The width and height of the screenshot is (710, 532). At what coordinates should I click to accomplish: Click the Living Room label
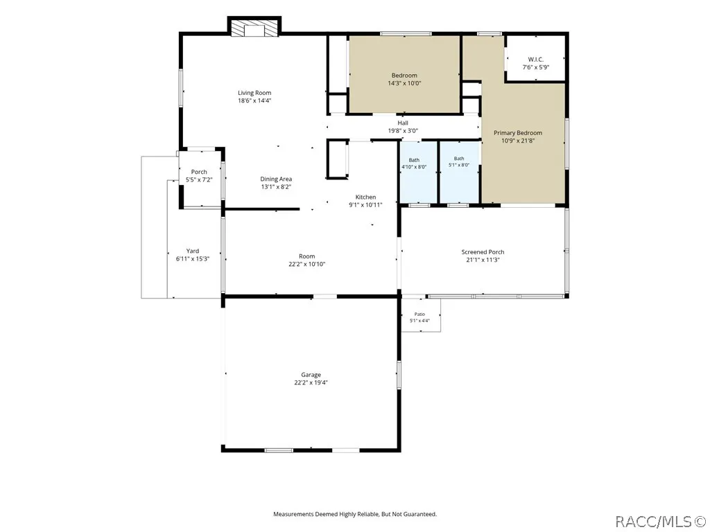coord(254,93)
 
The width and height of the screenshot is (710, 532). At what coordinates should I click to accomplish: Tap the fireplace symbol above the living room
coord(254,28)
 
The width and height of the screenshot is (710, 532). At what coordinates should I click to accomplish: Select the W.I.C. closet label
coord(536,60)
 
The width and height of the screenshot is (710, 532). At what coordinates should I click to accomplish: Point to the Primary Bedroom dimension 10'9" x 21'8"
coord(518,141)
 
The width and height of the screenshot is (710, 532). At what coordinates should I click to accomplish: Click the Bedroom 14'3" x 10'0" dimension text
coord(404,83)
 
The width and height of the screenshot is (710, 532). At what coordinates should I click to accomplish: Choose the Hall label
coord(403,123)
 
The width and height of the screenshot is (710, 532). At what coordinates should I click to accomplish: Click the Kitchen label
coord(365,197)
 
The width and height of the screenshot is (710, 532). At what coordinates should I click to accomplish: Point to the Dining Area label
coord(276,179)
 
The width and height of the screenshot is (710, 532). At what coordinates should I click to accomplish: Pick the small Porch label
coord(199,172)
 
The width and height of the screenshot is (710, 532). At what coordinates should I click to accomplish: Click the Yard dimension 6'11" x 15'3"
coord(193,259)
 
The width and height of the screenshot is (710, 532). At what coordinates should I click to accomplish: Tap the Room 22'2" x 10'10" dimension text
coord(307,264)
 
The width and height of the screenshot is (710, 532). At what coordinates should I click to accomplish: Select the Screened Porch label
coord(483,252)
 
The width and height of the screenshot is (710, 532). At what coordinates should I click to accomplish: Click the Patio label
coord(419,314)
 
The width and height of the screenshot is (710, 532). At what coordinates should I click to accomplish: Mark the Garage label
coord(311,375)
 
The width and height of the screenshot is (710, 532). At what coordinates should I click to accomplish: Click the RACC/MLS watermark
coord(661,522)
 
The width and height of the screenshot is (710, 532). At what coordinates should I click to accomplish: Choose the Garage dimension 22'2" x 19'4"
coord(311,382)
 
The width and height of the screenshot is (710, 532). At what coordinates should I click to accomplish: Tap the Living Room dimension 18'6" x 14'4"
coord(254,101)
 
